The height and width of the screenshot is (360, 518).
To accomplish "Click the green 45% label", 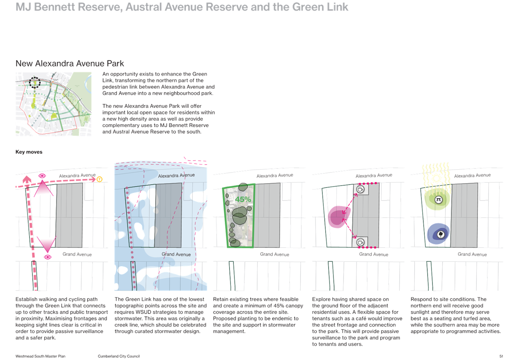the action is point(243,199).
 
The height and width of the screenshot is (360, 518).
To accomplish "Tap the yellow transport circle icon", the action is point(99,179).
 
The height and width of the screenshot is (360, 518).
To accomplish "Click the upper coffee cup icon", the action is point(360,189).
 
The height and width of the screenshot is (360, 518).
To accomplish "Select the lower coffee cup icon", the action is point(360,242).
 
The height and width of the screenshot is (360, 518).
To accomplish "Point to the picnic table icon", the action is point(439,199).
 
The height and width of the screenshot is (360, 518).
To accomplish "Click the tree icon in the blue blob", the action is point(441,234).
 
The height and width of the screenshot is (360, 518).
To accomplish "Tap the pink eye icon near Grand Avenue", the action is point(48,257).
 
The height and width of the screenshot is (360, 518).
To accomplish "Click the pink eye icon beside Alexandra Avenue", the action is point(42,176).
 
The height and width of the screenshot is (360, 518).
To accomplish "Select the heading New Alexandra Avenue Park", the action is point(70,64).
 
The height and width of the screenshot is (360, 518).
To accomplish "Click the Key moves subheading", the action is point(29,152).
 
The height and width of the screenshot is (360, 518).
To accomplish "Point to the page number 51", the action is point(501,356).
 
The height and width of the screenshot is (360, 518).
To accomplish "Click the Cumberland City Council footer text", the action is point(119,356).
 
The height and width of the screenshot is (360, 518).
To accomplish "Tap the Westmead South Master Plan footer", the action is point(40,356).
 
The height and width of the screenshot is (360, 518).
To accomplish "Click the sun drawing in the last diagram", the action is point(436,178).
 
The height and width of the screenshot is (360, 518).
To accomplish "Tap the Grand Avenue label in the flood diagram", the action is point(176,254).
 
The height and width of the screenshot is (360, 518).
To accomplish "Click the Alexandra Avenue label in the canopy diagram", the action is point(275,175).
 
